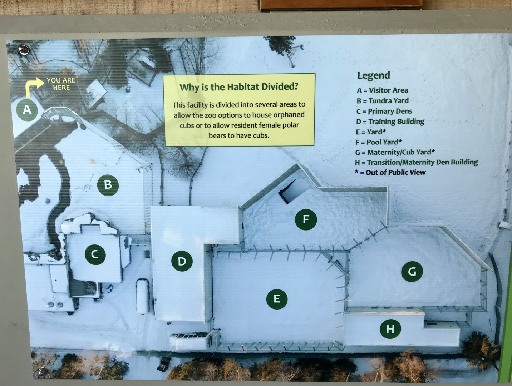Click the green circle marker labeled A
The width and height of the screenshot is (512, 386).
[x=27, y=110]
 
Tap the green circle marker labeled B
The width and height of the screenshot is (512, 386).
[x=108, y=185]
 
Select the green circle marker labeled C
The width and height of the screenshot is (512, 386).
[x=95, y=254]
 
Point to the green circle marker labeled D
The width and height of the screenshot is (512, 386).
[x=182, y=261]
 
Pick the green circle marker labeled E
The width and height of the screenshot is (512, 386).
[x=276, y=298]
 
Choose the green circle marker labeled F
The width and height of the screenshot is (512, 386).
[x=306, y=219]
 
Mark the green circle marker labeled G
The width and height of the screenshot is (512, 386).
[x=412, y=272]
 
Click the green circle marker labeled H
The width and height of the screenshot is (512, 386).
[x=390, y=328]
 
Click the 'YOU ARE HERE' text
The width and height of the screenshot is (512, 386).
[x=61, y=84]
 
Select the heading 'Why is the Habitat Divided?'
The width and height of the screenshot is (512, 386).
[x=238, y=87]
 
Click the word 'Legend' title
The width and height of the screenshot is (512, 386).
[x=373, y=75]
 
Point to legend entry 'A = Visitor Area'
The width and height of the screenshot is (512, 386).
[x=382, y=90]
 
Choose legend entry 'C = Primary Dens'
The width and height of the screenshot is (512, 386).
[x=384, y=111]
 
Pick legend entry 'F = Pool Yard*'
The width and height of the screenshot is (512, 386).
[x=379, y=142]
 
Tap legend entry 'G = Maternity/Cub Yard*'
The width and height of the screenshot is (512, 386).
[x=395, y=152]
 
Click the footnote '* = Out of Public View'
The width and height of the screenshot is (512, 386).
[x=390, y=172]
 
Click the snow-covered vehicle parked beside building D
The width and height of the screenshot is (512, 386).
[x=143, y=296]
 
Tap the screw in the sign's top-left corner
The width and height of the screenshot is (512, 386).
[x=24, y=50]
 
